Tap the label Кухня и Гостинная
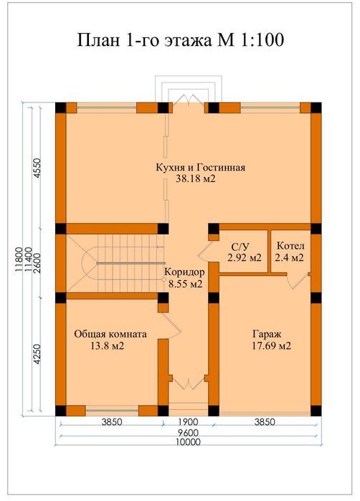pos(201,168)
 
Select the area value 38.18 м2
pos(195,178)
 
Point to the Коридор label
pos(184,272)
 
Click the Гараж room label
pos(267,335)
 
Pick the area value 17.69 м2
pos(272,345)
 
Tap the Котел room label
pos(290,246)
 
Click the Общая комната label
pos(110,334)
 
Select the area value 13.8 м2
pos(108,345)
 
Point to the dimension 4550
pos(37,168)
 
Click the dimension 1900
pos(188,422)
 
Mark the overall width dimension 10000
pos(188,442)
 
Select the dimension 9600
pos(188,433)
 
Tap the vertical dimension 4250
pos(37,354)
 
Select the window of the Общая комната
pos(112,410)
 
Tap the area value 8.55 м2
pos(186,284)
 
